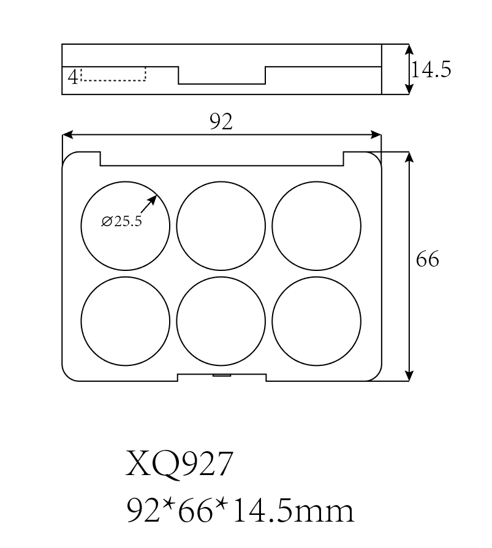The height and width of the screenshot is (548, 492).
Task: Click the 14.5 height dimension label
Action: tap(431, 70)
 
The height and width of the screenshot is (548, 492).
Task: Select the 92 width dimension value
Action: tap(221, 123)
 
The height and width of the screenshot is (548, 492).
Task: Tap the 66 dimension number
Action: tap(428, 260)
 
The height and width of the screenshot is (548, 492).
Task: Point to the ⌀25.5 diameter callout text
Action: tap(121, 222)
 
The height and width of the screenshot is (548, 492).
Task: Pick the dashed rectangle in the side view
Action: tap(113, 74)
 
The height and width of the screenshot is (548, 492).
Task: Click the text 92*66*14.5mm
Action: tap(240, 510)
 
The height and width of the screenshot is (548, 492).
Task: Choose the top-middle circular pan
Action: tap(221, 226)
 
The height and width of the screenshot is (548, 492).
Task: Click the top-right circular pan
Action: tap(316, 226)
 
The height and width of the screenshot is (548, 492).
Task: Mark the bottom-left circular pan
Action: tap(125, 321)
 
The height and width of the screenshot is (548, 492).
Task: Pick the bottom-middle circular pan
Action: tap(221, 321)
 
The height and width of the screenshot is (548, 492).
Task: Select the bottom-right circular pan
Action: tap(316, 321)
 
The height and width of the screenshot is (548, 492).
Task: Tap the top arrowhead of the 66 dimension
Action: tap(409, 156)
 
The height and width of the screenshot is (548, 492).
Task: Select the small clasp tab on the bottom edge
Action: tap(221, 374)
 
